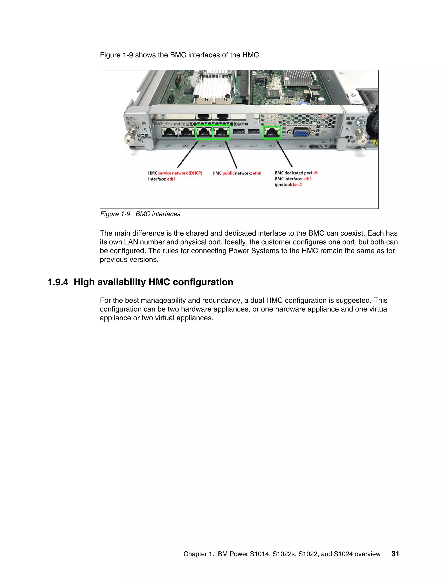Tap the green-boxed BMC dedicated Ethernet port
pos(272,132)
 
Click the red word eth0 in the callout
pos(257,173)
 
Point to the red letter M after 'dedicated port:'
pos(316,173)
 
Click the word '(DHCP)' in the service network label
pos(195,173)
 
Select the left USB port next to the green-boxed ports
pos(239,132)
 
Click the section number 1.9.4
pos(58,282)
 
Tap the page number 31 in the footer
pos(395,554)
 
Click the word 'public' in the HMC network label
pos(228,173)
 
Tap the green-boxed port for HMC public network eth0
pos(221,132)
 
